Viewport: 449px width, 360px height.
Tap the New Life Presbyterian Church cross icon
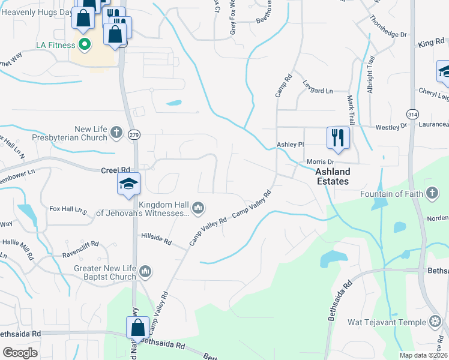pos(116,133)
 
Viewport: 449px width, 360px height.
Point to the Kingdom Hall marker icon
pos(199,208)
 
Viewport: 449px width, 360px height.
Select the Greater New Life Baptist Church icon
pos(145,273)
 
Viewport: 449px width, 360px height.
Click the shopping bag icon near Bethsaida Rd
pos(137,328)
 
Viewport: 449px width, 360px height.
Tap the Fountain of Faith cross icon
pos(431,193)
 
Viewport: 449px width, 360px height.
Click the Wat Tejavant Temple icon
pos(435,322)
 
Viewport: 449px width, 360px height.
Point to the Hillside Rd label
pos(156,239)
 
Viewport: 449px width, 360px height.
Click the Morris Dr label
pos(320,162)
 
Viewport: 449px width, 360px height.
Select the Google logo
pos(20,353)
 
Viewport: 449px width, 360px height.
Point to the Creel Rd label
pos(116,170)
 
